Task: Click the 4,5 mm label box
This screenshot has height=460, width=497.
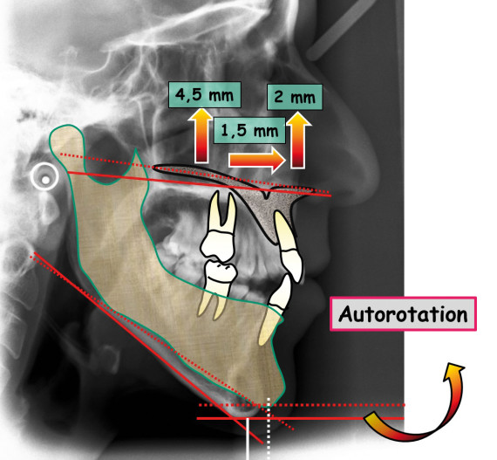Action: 205,94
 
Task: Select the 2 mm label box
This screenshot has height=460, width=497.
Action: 295,97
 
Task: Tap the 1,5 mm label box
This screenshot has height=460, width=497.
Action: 249,130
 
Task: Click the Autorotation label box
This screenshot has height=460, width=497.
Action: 403,313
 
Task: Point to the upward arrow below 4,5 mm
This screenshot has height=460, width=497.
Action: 201,135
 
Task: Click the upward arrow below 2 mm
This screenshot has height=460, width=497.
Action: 298,141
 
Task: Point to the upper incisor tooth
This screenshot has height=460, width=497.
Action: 289,246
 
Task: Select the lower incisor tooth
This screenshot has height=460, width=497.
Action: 276,309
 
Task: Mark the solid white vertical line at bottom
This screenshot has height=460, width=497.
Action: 248,439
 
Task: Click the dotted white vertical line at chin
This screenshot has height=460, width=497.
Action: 269,429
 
